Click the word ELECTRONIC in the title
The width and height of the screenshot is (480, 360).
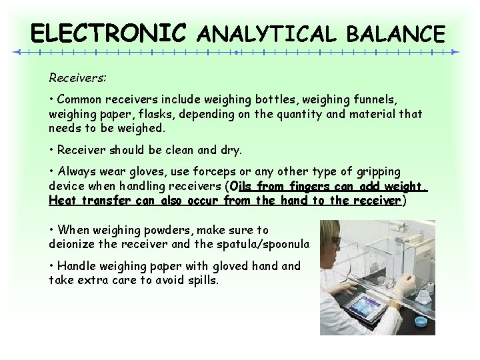coord(109,33)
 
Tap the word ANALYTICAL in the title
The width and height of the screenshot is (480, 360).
coord(268,33)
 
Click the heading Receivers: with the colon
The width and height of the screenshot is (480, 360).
coord(77,78)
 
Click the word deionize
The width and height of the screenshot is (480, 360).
coord(73,243)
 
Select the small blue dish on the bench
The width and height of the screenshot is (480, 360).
coord(420,321)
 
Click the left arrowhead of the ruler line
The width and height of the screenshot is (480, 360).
coord(19,51)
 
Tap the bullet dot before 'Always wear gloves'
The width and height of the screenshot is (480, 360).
coord(51,172)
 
